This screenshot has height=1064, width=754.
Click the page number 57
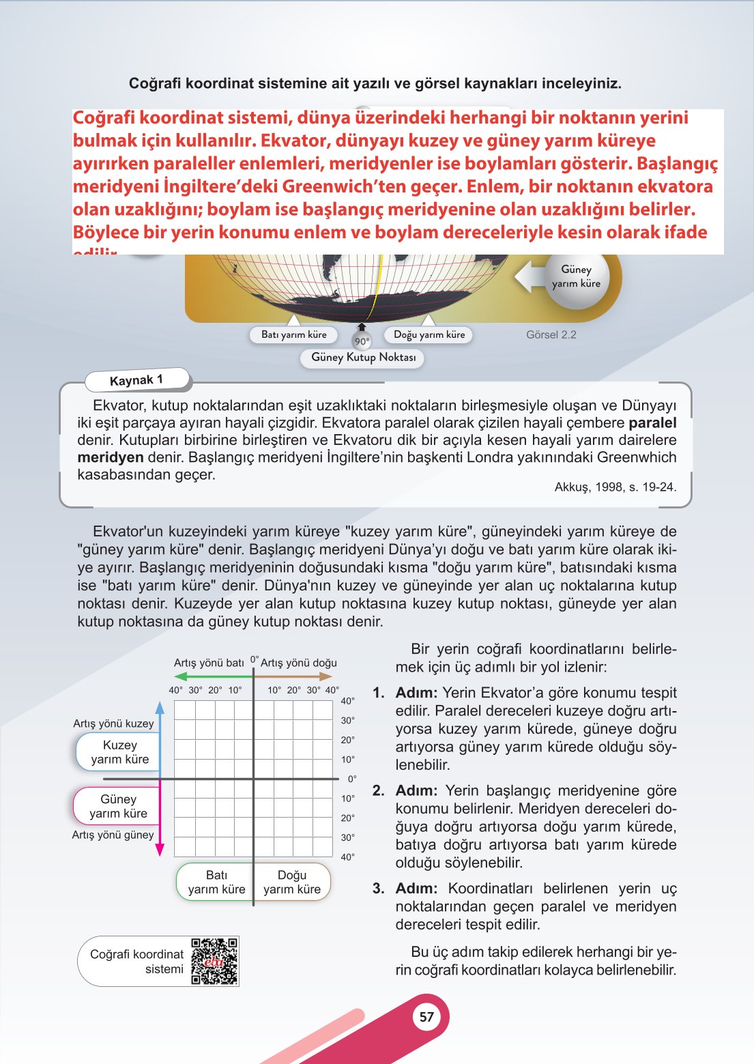tap(426, 1017)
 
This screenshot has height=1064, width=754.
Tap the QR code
tap(215, 961)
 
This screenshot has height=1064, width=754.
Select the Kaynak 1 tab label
tap(136, 380)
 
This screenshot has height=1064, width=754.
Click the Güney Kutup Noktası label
tap(363, 357)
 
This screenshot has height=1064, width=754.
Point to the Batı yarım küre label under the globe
tap(293, 334)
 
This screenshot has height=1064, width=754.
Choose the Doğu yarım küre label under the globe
tap(429, 334)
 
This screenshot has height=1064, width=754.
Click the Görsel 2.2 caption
tap(551, 335)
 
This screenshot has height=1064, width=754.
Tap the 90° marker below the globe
tap(361, 341)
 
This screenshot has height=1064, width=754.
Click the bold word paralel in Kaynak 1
tap(652, 422)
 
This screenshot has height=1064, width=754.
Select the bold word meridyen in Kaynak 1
tap(111, 457)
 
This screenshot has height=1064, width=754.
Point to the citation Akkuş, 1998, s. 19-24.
tap(615, 487)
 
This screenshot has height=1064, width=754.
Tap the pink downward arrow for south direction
tap(160, 819)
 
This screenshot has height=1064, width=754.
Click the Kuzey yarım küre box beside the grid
tap(119, 752)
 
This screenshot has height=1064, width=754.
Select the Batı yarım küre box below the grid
tap(216, 882)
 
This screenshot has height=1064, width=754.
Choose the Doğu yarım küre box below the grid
tap(292, 882)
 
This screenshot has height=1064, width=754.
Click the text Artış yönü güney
tap(113, 835)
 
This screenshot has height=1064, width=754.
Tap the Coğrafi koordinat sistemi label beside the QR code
tap(137, 961)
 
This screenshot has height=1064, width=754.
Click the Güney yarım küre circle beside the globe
tap(577, 276)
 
